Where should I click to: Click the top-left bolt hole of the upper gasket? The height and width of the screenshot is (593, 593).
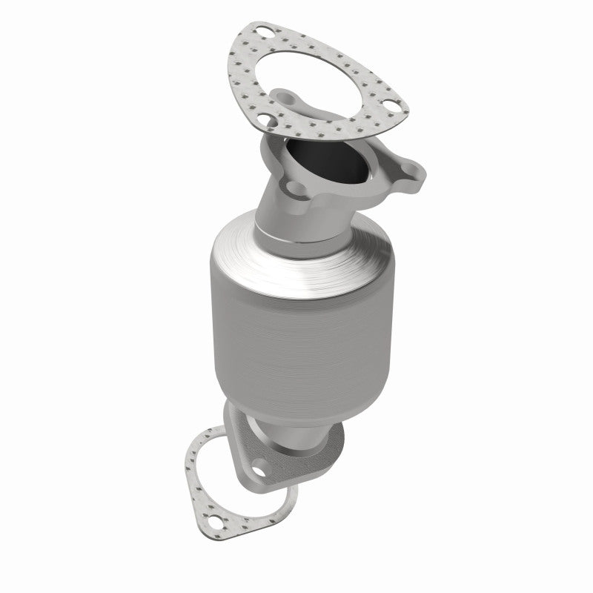(x=263, y=32)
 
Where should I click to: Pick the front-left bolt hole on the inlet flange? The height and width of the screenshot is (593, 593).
(x=295, y=188)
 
